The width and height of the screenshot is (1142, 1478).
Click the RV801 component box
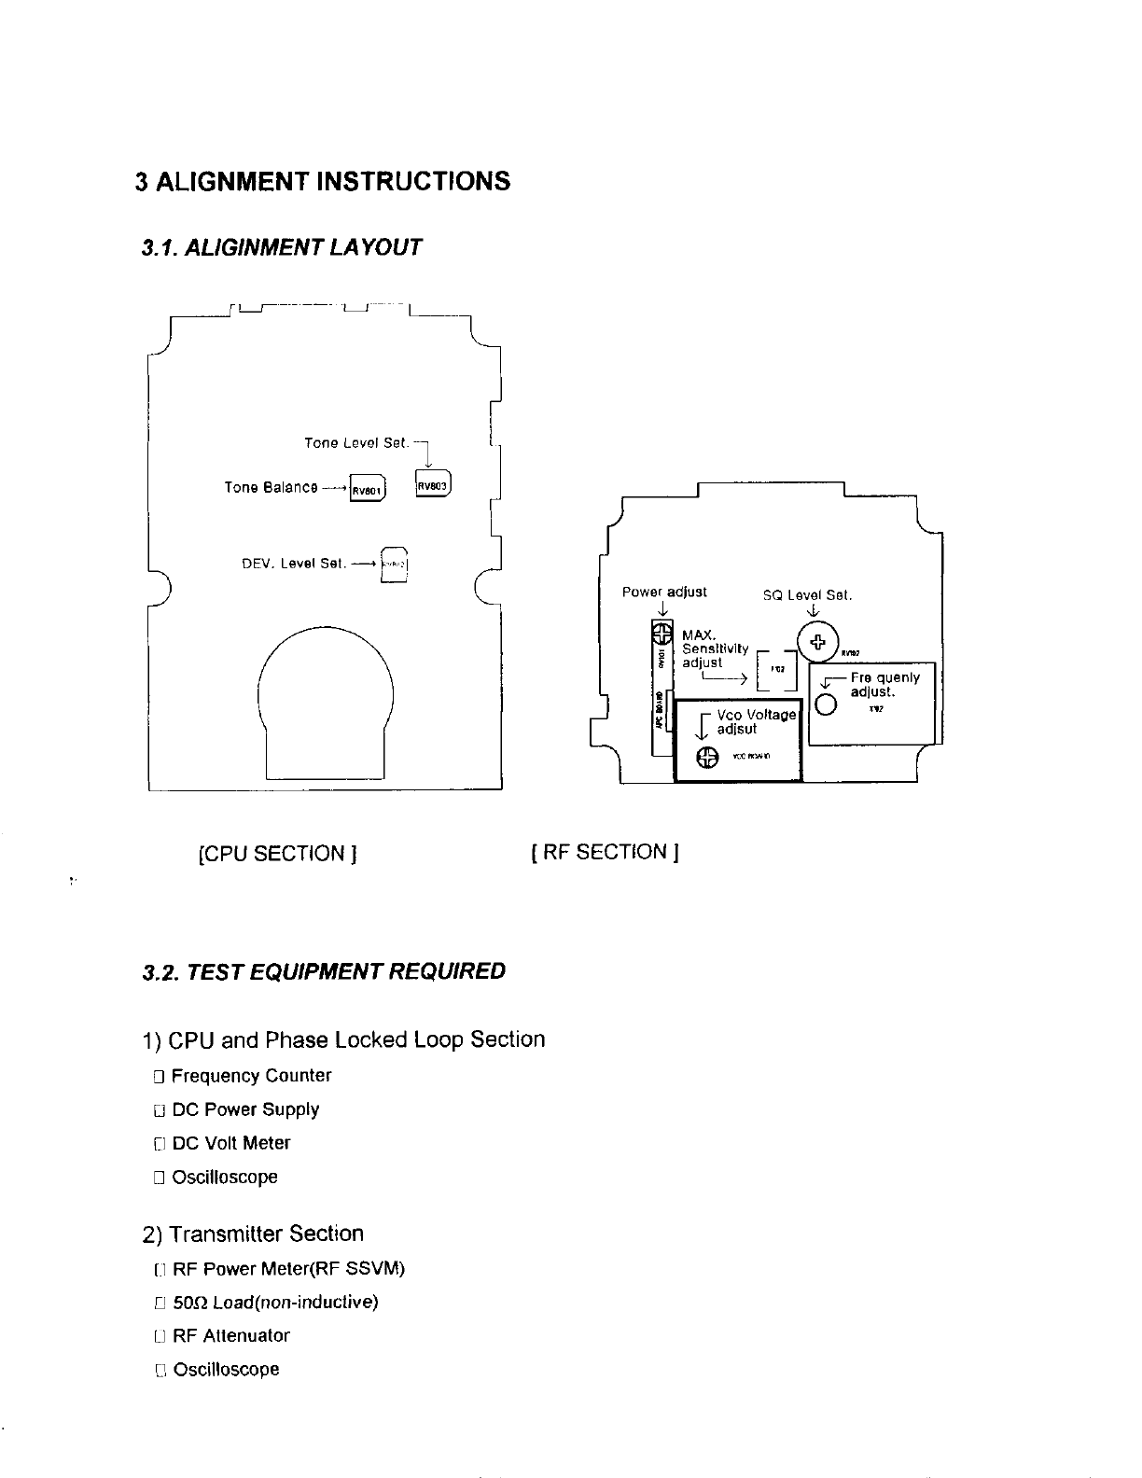pyautogui.click(x=367, y=489)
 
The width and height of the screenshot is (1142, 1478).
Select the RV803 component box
pyautogui.click(x=433, y=484)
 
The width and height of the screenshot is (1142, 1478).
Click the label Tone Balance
pyautogui.click(x=271, y=488)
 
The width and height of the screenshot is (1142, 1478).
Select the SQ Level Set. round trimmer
pyautogui.click(x=817, y=642)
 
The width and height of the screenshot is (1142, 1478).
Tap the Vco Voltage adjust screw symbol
pyautogui.click(x=707, y=757)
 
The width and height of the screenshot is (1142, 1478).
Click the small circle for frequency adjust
pyautogui.click(x=826, y=704)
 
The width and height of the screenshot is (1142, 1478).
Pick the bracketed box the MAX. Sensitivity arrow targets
pyautogui.click(x=775, y=670)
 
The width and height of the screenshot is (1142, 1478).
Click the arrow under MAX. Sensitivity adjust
pyautogui.click(x=724, y=679)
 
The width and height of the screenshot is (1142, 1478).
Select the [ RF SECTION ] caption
pyautogui.click(x=604, y=851)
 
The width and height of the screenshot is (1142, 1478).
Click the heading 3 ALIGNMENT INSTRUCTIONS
pyautogui.click(x=323, y=181)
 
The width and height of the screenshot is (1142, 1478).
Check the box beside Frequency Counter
pyautogui.click(x=159, y=1077)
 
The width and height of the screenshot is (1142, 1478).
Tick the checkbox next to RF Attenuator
pyautogui.click(x=160, y=1336)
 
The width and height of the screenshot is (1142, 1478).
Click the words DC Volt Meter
pyautogui.click(x=231, y=1143)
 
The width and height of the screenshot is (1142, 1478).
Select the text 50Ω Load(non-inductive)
pyautogui.click(x=275, y=1303)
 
